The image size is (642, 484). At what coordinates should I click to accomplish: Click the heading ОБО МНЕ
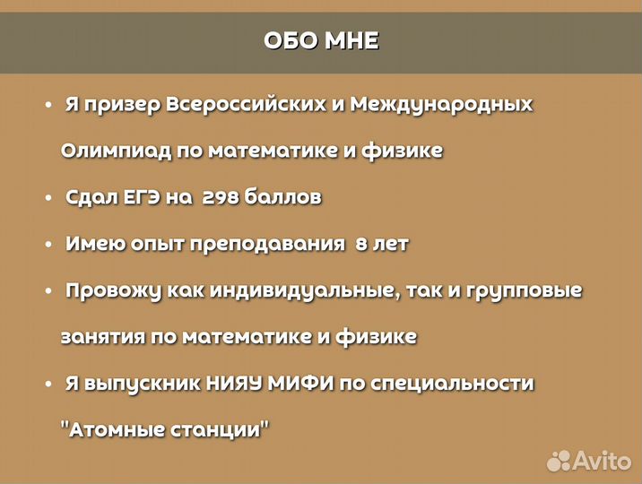[321, 41]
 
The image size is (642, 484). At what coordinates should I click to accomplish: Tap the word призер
[122, 104]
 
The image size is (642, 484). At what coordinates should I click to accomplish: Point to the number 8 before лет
[361, 244]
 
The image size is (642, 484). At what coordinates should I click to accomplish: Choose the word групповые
[526, 290]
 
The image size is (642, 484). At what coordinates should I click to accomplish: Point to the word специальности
[462, 384]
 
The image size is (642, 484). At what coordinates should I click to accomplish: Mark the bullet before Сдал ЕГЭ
[48, 198]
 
